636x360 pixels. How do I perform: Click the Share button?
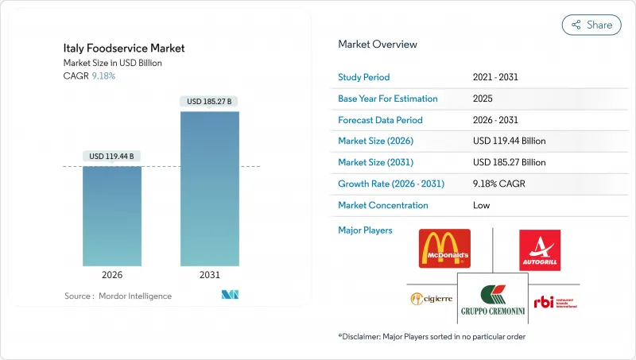(x=591, y=25)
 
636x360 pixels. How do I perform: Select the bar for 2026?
(x=112, y=216)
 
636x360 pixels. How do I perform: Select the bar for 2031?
(x=210, y=188)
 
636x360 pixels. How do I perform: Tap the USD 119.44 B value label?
(x=112, y=156)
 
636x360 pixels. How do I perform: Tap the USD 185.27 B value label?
(x=210, y=101)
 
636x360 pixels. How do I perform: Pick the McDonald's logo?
(x=444, y=249)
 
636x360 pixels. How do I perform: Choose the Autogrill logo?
(x=545, y=250)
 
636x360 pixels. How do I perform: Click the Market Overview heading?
(x=378, y=45)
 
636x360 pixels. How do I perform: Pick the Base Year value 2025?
(x=483, y=99)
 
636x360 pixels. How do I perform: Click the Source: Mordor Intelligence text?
(x=118, y=296)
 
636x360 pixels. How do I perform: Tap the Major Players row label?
(x=366, y=230)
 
